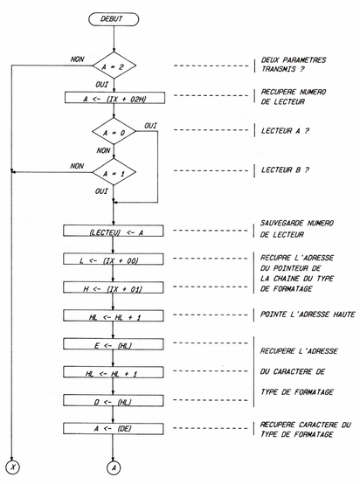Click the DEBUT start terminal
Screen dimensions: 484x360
[115, 20]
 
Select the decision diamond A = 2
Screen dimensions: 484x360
[115, 66]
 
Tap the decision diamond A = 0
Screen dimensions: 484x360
[115, 135]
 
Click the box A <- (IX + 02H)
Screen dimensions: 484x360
[115, 99]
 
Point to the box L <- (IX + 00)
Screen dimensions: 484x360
[115, 260]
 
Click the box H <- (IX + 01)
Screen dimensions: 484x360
[115, 288]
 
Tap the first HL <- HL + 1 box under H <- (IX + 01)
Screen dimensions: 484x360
[115, 316]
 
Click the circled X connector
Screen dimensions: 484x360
[13, 469]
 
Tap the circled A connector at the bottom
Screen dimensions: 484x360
[115, 469]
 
